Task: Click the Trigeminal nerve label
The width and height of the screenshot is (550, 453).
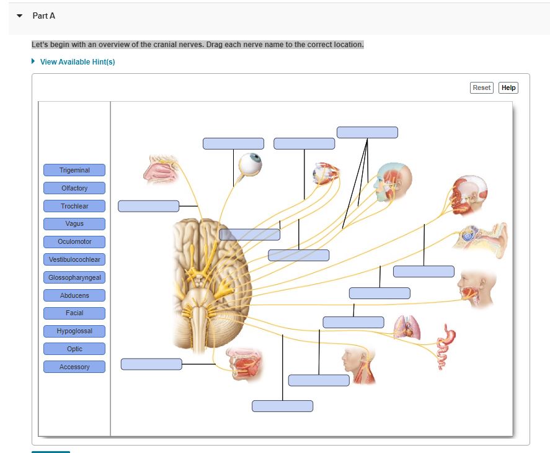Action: coord(74,170)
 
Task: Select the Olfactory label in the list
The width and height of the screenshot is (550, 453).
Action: coord(74,188)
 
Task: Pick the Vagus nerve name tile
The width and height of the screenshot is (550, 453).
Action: coord(74,223)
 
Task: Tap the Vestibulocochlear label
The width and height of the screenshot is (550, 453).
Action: coord(74,259)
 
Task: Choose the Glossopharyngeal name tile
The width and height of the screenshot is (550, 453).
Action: coord(74,277)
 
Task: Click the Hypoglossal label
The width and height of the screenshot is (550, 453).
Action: coord(74,331)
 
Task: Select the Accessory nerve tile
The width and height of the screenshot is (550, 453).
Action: coord(74,367)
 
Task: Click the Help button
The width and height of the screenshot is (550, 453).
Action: coord(508,87)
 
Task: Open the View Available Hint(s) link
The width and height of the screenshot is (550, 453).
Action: coord(77,62)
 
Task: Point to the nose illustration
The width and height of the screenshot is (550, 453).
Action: coord(160,170)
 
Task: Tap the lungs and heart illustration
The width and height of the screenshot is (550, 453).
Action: coord(407,327)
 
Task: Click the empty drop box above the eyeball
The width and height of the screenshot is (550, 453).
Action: coord(233,143)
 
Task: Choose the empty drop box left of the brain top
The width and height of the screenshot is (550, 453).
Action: coord(148,206)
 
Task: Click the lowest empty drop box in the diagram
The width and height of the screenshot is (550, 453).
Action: coord(282,406)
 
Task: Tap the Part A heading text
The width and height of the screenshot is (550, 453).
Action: coord(44,16)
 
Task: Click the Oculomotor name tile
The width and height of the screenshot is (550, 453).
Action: coord(74,241)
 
